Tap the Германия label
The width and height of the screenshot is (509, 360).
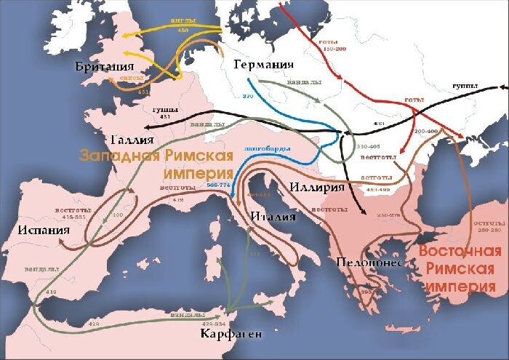point(263,65)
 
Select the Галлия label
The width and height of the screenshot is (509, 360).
point(132,140)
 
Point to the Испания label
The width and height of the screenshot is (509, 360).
point(44,231)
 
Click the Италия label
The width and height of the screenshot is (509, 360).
point(273,217)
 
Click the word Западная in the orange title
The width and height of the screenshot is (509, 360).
point(115,156)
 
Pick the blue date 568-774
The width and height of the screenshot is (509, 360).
point(219,185)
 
